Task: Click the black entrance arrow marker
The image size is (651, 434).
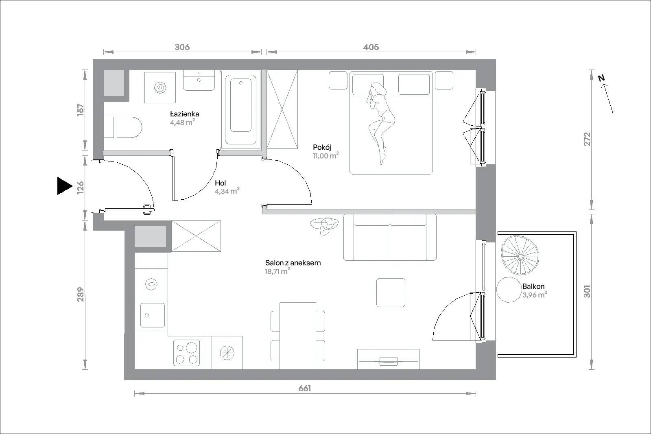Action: tap(65, 186)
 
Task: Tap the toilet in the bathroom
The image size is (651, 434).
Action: tap(123, 127)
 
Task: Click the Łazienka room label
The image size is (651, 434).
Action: tap(185, 113)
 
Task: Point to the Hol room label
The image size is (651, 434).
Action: tap(220, 183)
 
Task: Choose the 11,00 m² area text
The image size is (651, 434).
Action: tap(326, 156)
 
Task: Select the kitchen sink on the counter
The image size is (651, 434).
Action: tap(152, 315)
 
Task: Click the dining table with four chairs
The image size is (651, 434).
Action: tap(298, 336)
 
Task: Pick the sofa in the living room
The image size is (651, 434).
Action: tap(390, 237)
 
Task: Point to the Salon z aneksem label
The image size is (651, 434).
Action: tap(293, 263)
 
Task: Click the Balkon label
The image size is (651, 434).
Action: tap(533, 286)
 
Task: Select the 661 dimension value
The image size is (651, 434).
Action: tap(305, 388)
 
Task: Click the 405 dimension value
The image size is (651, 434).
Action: tap(371, 47)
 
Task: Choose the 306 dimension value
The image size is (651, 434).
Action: tap(182, 47)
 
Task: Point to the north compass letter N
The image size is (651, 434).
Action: tap(601, 78)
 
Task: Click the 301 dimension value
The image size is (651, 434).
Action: tap(587, 291)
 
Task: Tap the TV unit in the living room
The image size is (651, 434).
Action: tap(389, 359)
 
